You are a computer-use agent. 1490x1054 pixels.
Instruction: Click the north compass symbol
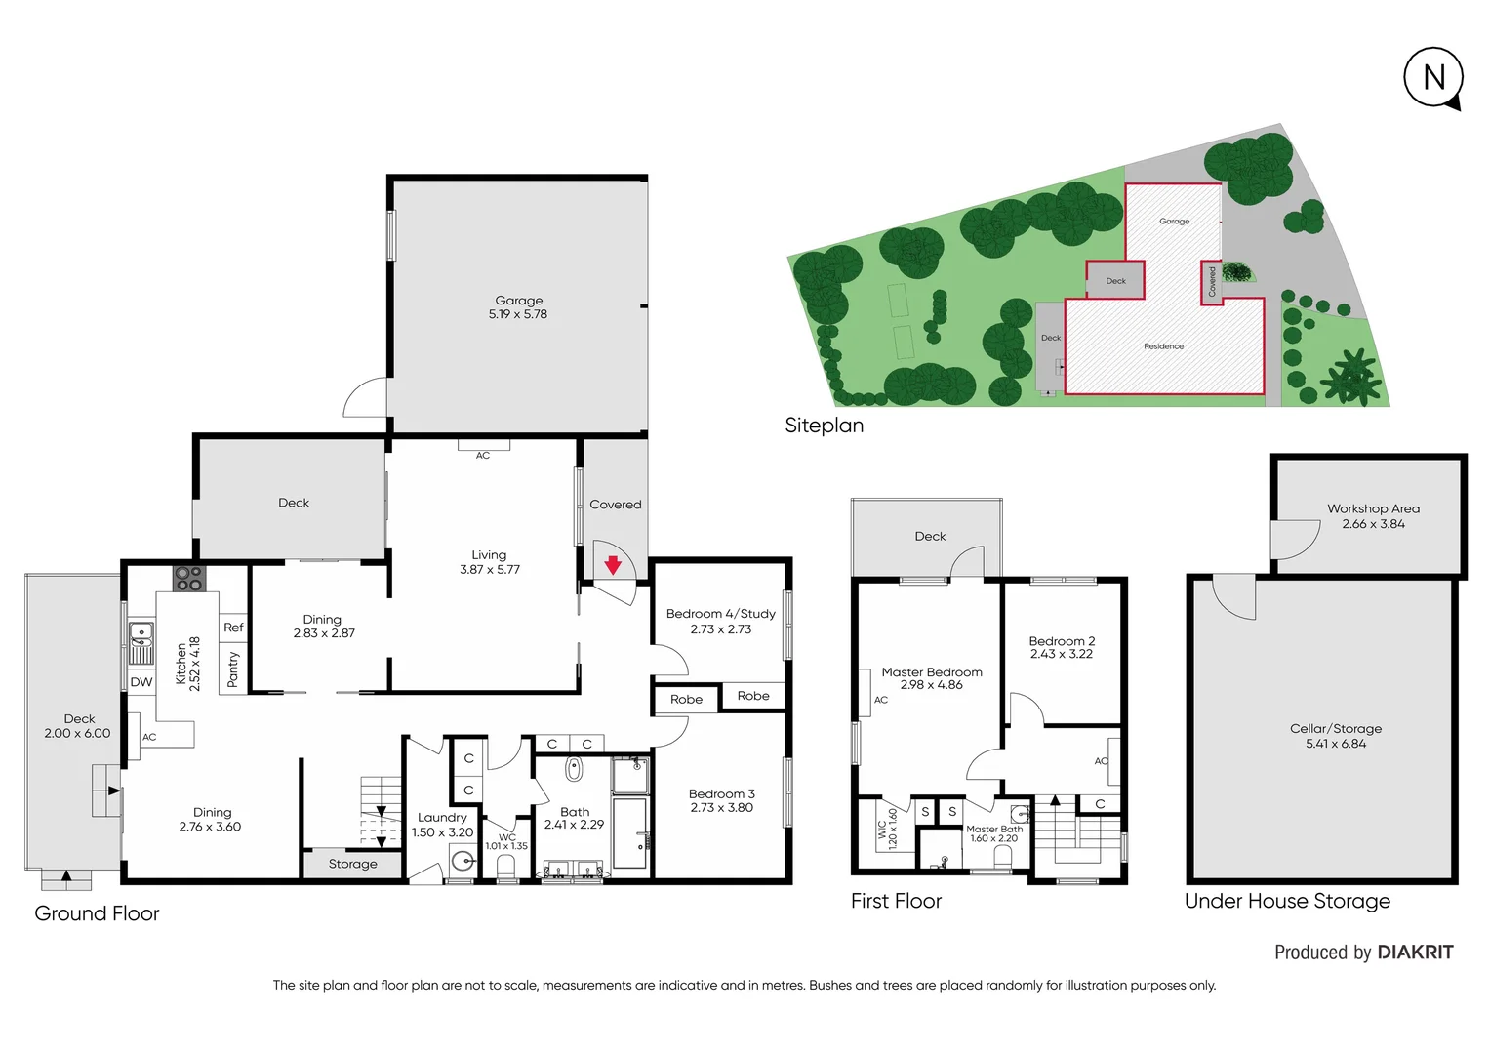(1433, 77)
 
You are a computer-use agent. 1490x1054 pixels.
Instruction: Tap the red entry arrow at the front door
(613, 565)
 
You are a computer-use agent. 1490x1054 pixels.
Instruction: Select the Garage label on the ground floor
(518, 301)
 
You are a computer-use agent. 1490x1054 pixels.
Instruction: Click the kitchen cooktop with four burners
(189, 579)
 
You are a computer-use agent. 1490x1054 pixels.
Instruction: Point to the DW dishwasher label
(141, 682)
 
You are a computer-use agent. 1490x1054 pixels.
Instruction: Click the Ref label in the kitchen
(233, 628)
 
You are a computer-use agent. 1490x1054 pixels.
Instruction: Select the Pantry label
(233, 669)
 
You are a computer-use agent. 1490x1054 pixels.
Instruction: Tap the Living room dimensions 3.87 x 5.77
(490, 570)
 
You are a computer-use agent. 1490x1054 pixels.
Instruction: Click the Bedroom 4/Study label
(720, 614)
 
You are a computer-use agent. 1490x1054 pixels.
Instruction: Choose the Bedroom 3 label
(721, 793)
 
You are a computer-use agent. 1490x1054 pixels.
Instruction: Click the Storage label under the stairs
(352, 864)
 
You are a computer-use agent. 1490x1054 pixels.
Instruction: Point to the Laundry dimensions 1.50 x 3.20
(442, 832)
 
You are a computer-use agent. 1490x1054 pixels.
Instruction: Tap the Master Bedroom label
(931, 672)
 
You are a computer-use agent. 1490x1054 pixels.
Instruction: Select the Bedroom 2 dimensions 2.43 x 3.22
(1062, 654)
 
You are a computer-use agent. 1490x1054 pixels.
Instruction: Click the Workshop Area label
(1373, 508)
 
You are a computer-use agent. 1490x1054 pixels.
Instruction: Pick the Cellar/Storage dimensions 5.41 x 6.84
(1336, 744)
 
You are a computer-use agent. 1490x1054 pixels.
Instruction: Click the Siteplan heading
(824, 426)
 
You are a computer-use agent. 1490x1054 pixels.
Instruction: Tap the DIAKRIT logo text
(1415, 953)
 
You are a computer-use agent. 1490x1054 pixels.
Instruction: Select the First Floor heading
(896, 901)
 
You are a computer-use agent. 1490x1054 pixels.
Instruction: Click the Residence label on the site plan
(1163, 346)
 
